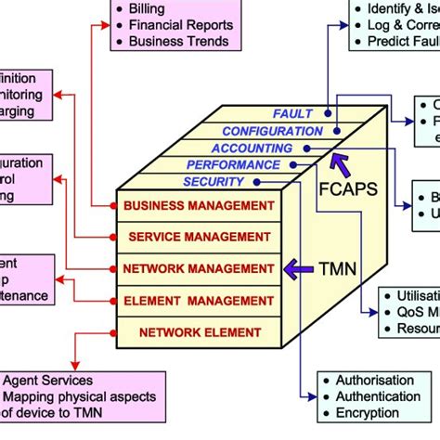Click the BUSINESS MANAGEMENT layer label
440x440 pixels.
click(199, 205)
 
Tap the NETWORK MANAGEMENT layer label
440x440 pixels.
click(200, 269)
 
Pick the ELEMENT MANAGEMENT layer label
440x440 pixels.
click(200, 300)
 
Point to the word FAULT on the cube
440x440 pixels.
click(292, 114)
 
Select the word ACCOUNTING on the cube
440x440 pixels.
click(252, 148)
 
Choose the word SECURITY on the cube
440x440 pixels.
click(214, 181)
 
